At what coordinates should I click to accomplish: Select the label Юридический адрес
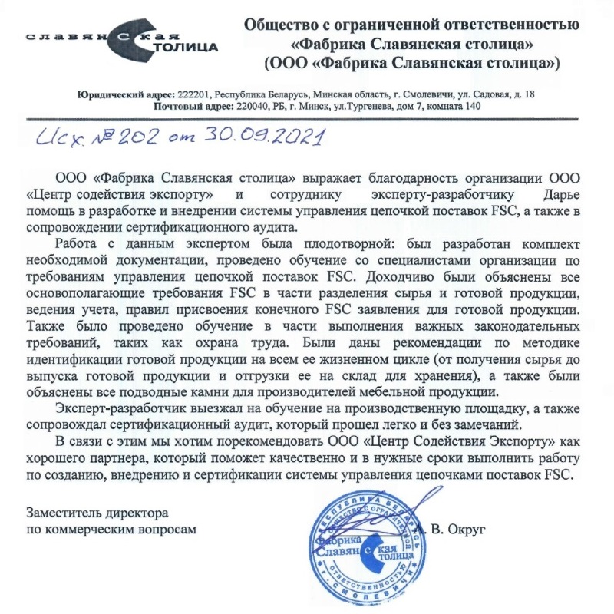pyautogui.click(x=125, y=94)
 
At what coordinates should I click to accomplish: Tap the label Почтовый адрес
pyautogui.click(x=191, y=106)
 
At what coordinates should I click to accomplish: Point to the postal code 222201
pyautogui.click(x=191, y=94)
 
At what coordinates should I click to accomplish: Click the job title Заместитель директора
pyautogui.click(x=97, y=512)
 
